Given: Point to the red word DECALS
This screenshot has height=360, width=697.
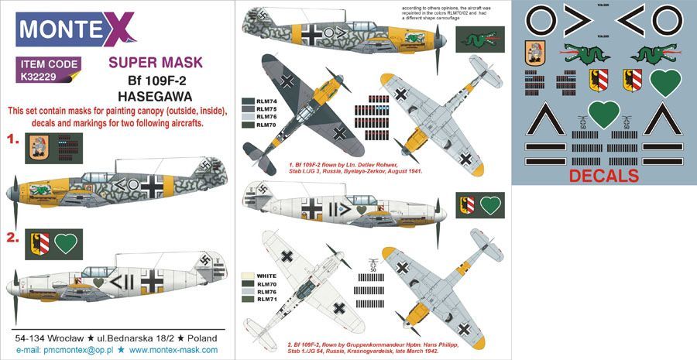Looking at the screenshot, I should click(x=604, y=176).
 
